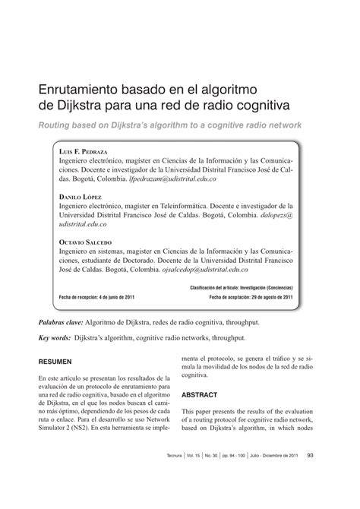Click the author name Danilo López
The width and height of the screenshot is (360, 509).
pos(81,196)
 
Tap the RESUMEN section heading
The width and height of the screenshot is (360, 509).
pos(55,362)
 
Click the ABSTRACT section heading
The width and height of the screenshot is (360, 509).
pos(200,395)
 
